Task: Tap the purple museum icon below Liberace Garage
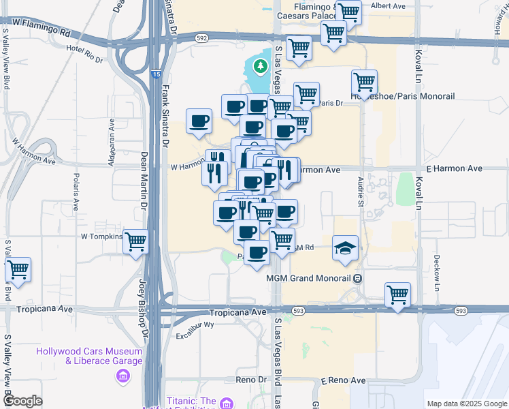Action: coord(122,376)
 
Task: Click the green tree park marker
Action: coord(259,66)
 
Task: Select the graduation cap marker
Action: coord(346,247)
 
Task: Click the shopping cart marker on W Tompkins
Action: coord(136,241)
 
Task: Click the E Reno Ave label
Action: coord(343,380)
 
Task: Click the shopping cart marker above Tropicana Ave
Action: coord(397,294)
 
